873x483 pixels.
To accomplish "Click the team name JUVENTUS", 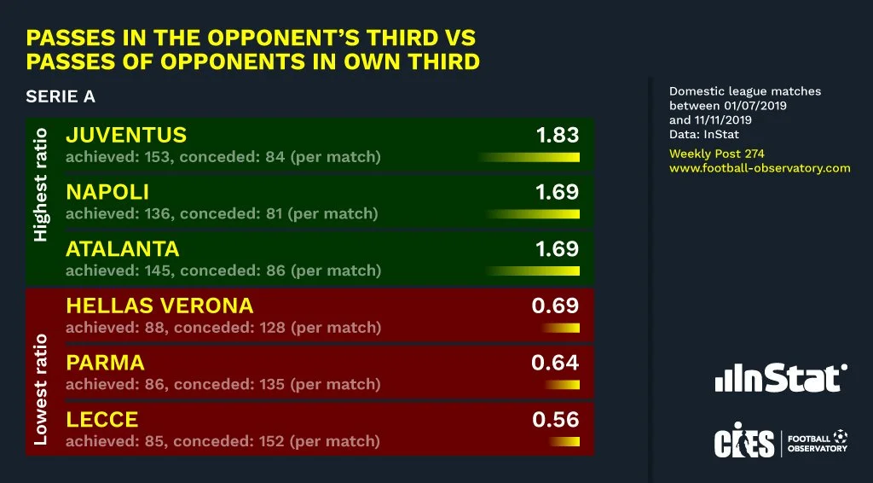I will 126,136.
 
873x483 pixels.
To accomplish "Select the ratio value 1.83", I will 557,136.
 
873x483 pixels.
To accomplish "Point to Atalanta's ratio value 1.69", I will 557,249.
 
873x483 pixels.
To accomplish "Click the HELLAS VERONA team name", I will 159,306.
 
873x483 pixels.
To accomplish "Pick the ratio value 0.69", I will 555,306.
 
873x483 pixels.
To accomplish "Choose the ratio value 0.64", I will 555,363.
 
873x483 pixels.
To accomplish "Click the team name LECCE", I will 101,420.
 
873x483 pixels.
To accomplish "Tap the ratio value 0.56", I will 555,420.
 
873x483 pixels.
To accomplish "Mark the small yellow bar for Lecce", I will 565,442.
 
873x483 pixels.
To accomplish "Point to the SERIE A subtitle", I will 61,97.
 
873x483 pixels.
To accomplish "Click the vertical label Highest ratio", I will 41,184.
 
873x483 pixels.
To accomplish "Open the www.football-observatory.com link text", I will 760,168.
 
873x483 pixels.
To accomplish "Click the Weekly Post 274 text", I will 716,154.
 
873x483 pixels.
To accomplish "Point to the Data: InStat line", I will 704,134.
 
